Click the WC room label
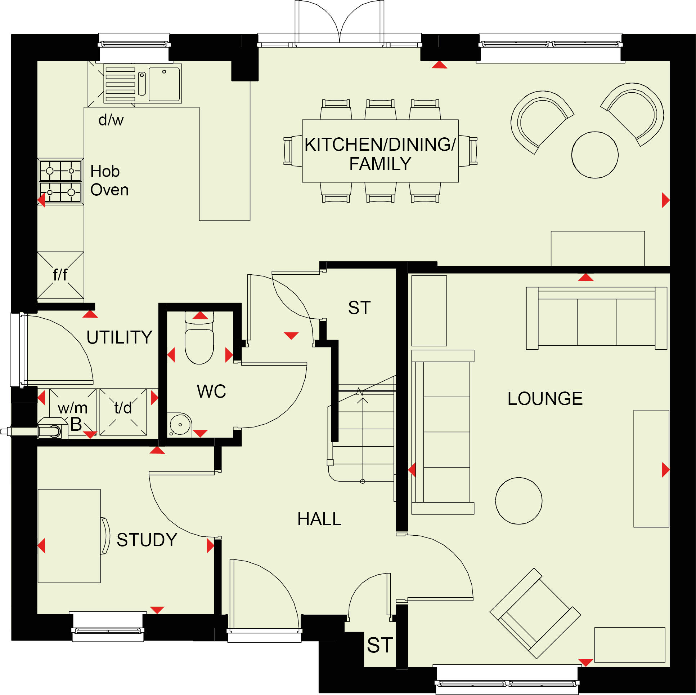[x=211, y=391]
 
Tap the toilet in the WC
[x=199, y=337]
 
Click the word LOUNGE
[x=545, y=399]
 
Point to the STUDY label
[x=147, y=540]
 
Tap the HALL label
[x=319, y=519]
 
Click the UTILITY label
[x=119, y=337]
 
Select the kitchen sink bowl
[x=164, y=84]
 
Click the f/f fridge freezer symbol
[x=60, y=275]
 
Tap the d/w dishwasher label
[x=111, y=119]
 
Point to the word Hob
[x=105, y=171]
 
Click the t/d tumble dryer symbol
[x=123, y=412]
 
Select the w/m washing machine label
[x=72, y=408]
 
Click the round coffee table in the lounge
[x=519, y=501]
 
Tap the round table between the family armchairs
[x=595, y=155]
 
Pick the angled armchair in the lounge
[x=535, y=614]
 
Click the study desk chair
[x=105, y=536]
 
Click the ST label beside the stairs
[x=359, y=307]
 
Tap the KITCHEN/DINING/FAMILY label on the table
[x=380, y=154]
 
